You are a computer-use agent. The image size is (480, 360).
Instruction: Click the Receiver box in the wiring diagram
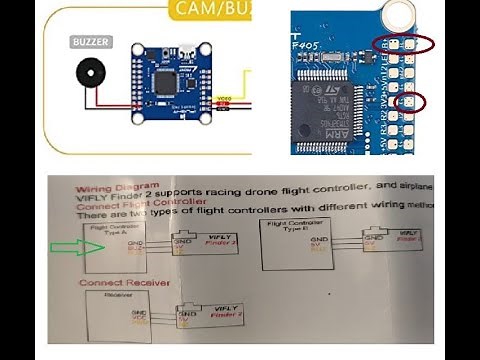point(109,316)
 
